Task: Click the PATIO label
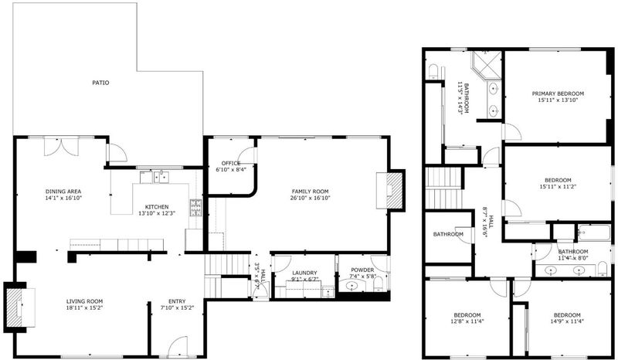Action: pyautogui.click(x=100, y=83)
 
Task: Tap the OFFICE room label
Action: pyautogui.click(x=230, y=163)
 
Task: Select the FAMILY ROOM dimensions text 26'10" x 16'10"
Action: pyautogui.click(x=311, y=198)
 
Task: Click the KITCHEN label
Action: pyautogui.click(x=157, y=207)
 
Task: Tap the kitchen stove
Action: pyautogui.click(x=195, y=208)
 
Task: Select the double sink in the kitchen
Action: pyautogui.click(x=161, y=177)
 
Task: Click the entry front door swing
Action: pyautogui.click(x=178, y=346)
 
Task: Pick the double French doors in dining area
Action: pyautogui.click(x=61, y=146)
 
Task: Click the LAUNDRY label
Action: pyautogui.click(x=304, y=273)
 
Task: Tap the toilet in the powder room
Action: pyautogui.click(x=378, y=284)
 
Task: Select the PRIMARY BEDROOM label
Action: pyautogui.click(x=558, y=93)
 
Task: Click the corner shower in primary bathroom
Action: pyautogui.click(x=487, y=66)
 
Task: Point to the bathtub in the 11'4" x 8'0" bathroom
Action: pyautogui.click(x=594, y=233)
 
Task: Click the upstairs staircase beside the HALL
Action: pyautogui.click(x=444, y=188)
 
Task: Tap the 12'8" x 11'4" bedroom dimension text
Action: pyautogui.click(x=467, y=321)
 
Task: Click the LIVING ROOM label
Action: pyautogui.click(x=84, y=301)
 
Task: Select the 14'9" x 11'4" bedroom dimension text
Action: pyautogui.click(x=567, y=321)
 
